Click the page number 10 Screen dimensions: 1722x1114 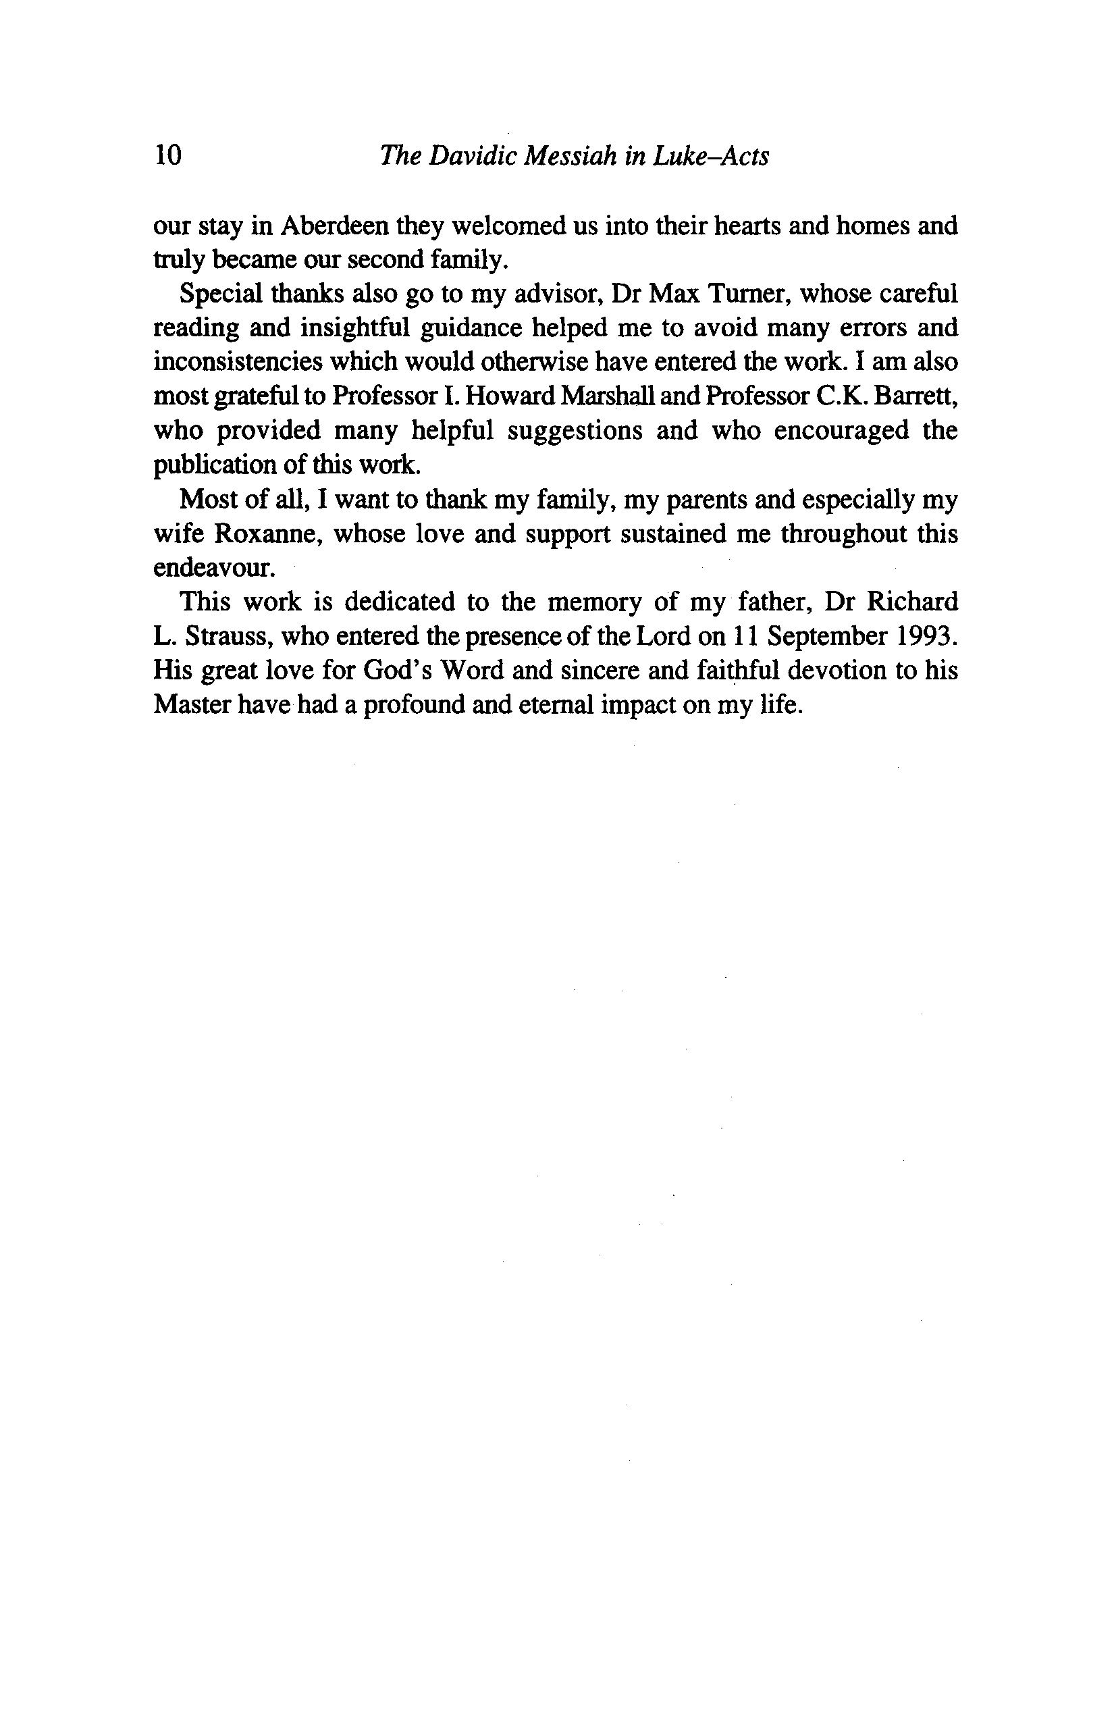pos(167,155)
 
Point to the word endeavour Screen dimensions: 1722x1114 pos(214,569)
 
